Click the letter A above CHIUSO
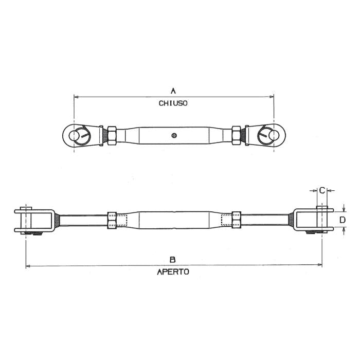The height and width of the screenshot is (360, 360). coord(173,91)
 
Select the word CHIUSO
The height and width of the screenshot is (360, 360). coord(173,103)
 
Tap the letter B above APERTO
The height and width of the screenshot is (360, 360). coord(173,259)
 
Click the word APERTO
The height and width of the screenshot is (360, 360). coord(173,272)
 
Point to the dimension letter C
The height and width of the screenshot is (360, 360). coord(322,190)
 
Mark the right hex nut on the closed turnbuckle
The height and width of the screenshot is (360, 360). coord(237,135)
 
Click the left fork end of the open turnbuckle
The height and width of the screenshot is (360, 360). coord(36,220)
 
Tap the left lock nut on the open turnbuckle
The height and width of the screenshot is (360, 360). coord(112,220)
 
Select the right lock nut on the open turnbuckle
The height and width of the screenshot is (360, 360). coord(237,220)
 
